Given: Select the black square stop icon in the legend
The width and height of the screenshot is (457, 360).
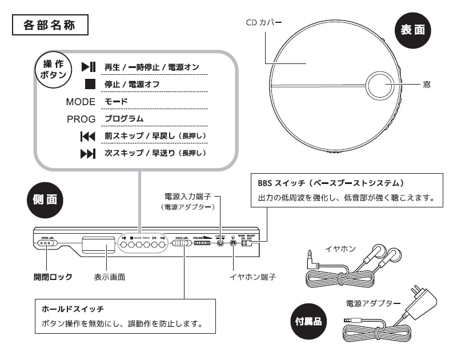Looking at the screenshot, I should (89, 84).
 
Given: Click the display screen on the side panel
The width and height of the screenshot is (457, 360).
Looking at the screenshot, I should (98, 244).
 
